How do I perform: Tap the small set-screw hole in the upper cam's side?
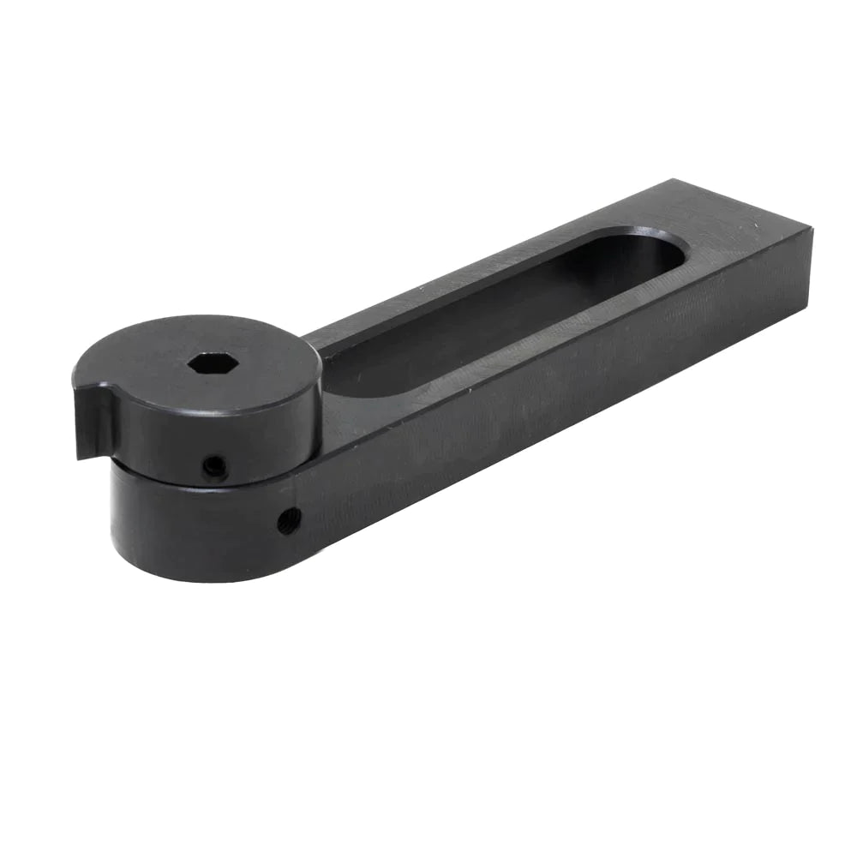point(213,467)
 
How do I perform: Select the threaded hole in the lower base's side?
point(288,520)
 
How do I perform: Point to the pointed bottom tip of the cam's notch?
point(81,457)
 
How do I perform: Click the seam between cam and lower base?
point(206,485)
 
